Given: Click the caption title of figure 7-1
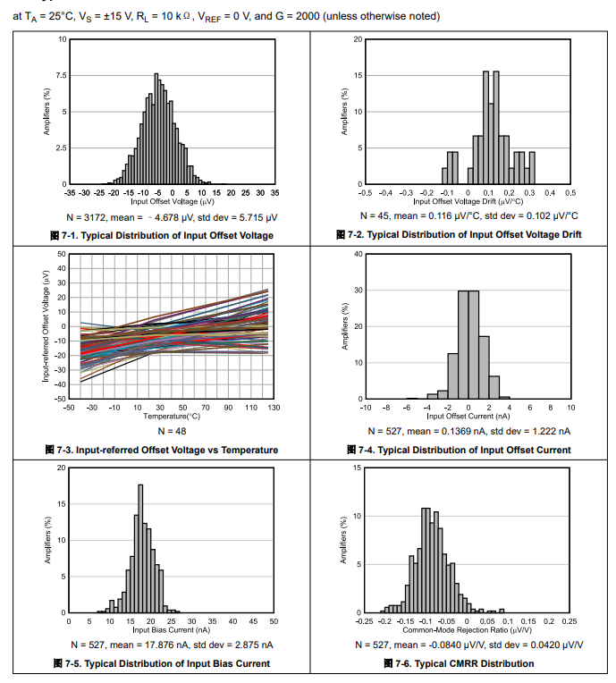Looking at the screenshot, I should click(x=161, y=235).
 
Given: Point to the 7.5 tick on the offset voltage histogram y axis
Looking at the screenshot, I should click(x=61, y=76).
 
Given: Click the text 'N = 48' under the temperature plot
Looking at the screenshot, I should click(x=170, y=430).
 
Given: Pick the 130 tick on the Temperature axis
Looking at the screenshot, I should click(x=274, y=408).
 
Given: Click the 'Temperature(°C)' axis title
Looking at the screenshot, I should click(x=171, y=416).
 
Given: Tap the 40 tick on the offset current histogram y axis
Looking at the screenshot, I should click(x=357, y=254).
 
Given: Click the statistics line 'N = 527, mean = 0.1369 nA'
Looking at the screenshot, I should click(x=468, y=430).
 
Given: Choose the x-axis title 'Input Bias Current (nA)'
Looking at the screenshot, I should click(x=171, y=629).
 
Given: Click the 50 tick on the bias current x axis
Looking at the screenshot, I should click(x=274, y=621).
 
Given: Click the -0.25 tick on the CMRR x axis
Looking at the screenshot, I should click(x=365, y=621).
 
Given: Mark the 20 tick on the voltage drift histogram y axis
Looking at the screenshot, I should click(x=357, y=40).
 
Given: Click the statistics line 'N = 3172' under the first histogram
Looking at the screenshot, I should click(x=171, y=216).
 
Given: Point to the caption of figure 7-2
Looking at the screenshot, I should click(x=465, y=235).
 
